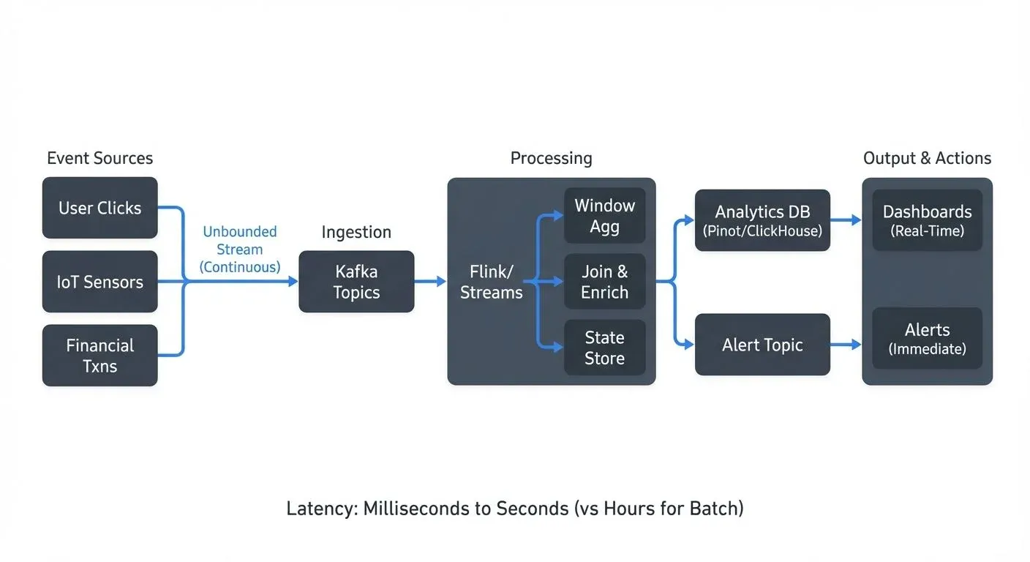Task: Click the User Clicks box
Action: click(99, 208)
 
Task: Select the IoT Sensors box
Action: click(99, 282)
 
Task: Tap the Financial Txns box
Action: click(99, 356)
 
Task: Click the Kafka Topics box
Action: click(356, 282)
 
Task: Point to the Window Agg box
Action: click(604, 216)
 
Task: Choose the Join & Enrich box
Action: click(604, 282)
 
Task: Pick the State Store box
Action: click(604, 348)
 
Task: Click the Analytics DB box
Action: click(762, 220)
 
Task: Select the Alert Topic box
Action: click(762, 345)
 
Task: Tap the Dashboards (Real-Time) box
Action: click(927, 220)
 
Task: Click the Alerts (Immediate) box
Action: click(927, 338)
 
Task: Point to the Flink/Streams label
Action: click(491, 282)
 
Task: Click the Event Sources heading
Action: click(99, 158)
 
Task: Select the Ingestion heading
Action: click(356, 232)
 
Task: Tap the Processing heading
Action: click(551, 158)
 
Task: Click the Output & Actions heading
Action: click(927, 158)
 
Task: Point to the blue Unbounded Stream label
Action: click(239, 249)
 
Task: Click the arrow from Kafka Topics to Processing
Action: click(430, 282)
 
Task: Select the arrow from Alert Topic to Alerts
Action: click(846, 345)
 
